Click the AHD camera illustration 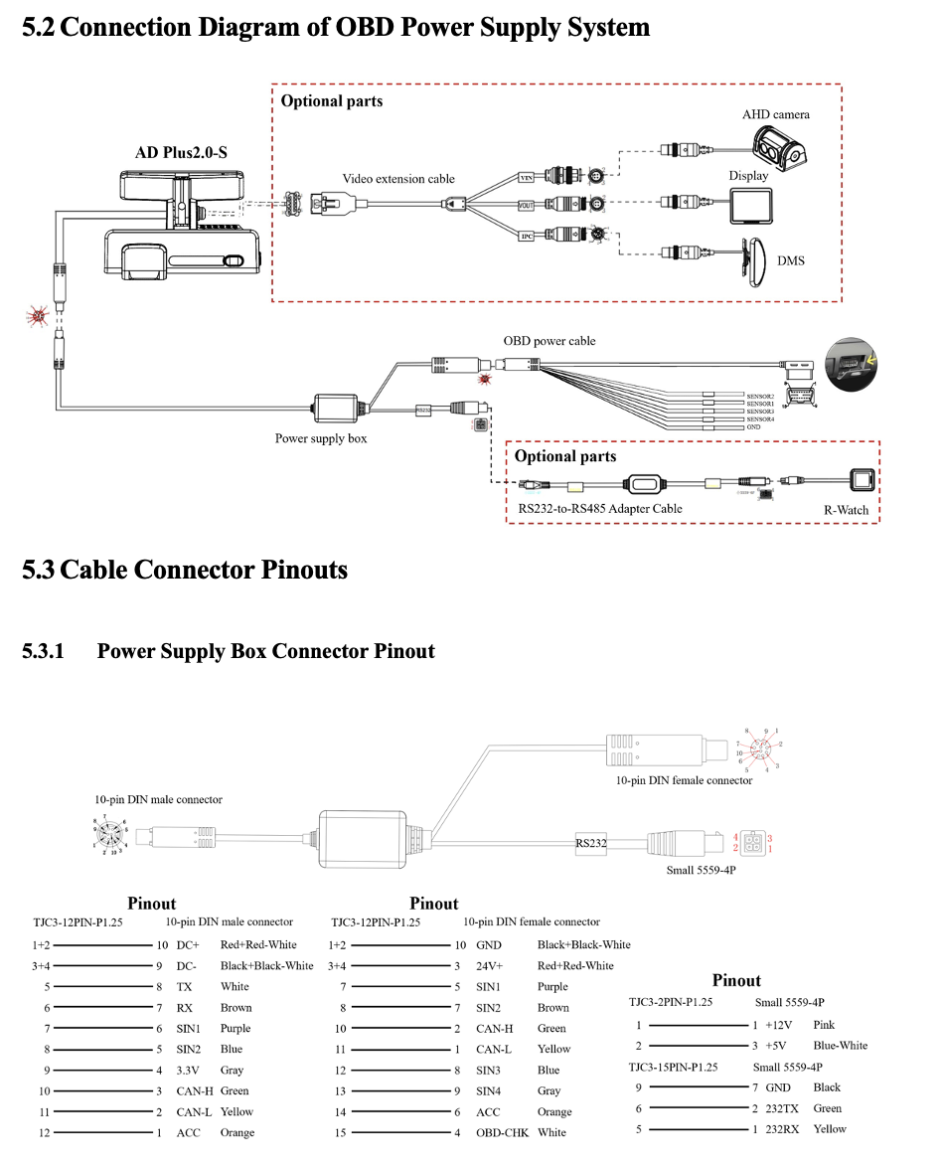pyautogui.click(x=778, y=149)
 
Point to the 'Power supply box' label pyautogui.click(x=321, y=438)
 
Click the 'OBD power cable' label pyautogui.click(x=549, y=341)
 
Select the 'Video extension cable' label pyautogui.click(x=398, y=179)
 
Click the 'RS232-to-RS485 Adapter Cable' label pyautogui.click(x=600, y=509)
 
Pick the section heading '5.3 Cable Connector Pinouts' pyautogui.click(x=185, y=570)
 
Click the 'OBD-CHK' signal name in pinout pyautogui.click(x=502, y=1132)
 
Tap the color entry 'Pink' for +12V pyautogui.click(x=824, y=1024)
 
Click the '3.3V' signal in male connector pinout pyautogui.click(x=189, y=1071)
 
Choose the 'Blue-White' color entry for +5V pyautogui.click(x=840, y=1045)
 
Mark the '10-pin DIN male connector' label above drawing pyautogui.click(x=159, y=799)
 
